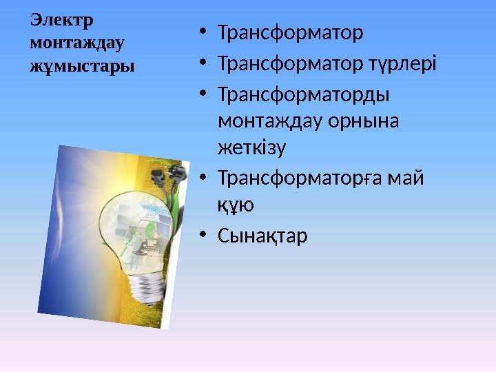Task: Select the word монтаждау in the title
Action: click(76, 43)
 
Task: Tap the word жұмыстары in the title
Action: click(82, 66)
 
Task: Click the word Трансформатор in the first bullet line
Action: click(289, 32)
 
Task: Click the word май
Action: click(409, 178)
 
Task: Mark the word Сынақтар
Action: click(262, 236)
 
